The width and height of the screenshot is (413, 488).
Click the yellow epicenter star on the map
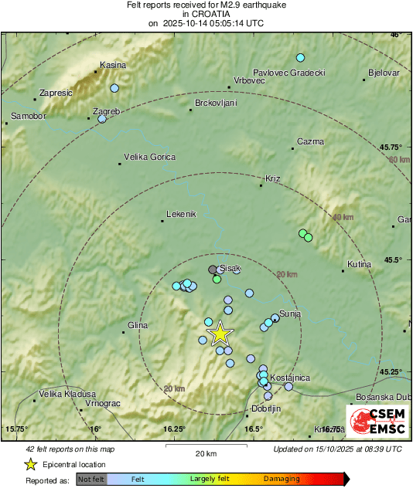pyautogui.click(x=220, y=334)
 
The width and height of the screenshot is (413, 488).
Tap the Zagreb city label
pyautogui.click(x=106, y=111)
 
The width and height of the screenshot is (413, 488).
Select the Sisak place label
pyautogui.click(x=230, y=268)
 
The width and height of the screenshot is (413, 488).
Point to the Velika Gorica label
pyautogui.click(x=149, y=158)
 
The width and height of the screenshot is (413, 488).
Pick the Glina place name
pyautogui.click(x=138, y=326)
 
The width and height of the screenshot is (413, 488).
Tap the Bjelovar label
pyautogui.click(x=384, y=73)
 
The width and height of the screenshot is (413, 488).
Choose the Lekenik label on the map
pyautogui.click(x=183, y=214)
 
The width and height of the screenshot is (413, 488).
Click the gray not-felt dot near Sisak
pyautogui.click(x=213, y=269)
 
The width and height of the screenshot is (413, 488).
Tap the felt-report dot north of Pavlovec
pyautogui.click(x=300, y=58)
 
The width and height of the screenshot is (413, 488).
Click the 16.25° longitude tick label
pyautogui.click(x=175, y=429)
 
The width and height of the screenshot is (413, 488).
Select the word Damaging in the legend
pyautogui.click(x=282, y=479)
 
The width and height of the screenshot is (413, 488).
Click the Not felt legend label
pyautogui.click(x=92, y=479)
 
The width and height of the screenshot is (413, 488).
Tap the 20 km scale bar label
pyautogui.click(x=205, y=453)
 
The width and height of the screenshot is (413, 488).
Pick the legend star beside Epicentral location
pyautogui.click(x=30, y=464)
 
